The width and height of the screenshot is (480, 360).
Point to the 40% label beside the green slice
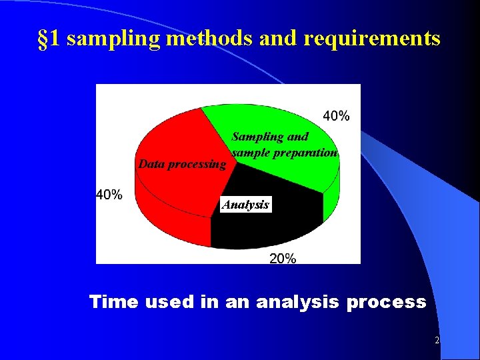(336, 116)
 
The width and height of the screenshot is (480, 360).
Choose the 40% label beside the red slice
(109, 195)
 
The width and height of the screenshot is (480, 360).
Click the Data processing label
(182, 164)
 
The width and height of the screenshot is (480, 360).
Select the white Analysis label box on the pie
(245, 205)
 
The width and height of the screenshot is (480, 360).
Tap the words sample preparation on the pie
(285, 152)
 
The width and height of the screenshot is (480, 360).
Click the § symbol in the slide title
(42, 39)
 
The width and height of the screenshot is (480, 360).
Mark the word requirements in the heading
(371, 39)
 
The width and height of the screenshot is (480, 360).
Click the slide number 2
(437, 341)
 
